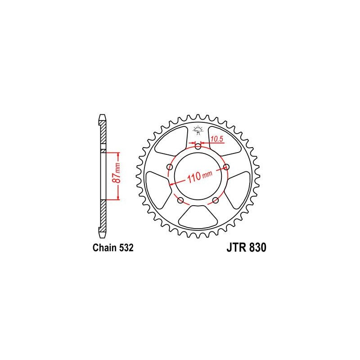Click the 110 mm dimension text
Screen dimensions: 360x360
pos(200,176)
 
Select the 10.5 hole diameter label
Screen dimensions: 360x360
pos(217,139)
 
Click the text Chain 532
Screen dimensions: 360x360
pos(113,248)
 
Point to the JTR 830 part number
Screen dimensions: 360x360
pos(246,248)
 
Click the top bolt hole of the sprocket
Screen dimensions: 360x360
pos(198,146)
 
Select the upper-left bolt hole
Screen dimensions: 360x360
pos(170,166)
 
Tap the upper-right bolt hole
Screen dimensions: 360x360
pos(226,166)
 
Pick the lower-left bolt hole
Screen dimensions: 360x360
pos(181,200)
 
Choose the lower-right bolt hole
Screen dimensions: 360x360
pos(216,200)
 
